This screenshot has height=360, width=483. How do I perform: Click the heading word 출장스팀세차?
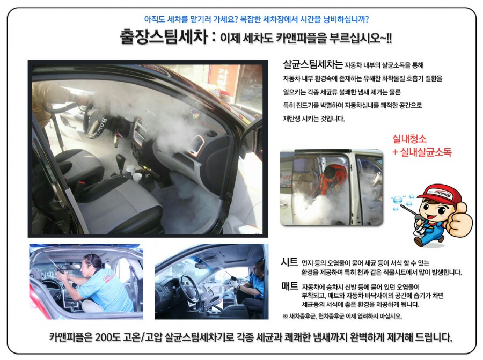164,37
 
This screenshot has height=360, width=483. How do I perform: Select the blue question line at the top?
257,19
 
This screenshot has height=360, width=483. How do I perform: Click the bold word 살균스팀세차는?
313,64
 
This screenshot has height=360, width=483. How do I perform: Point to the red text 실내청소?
409,139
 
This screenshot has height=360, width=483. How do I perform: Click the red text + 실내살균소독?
422,152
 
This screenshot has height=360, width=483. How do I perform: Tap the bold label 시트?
289,262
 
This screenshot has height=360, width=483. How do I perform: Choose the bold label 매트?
290,286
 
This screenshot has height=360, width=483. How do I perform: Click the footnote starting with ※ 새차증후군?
342,316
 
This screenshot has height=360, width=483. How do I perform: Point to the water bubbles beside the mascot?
401,201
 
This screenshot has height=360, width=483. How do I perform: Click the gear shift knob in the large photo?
120,160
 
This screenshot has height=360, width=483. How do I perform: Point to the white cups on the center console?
134,173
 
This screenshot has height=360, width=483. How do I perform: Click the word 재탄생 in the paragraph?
292,119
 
